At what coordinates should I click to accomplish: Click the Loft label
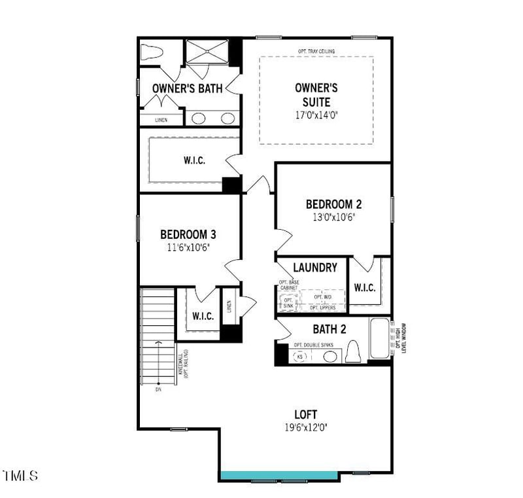[x=305, y=414]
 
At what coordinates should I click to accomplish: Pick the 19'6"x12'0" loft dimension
[x=305, y=427]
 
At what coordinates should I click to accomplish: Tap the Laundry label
[x=315, y=267]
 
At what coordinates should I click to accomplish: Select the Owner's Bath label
[x=187, y=88]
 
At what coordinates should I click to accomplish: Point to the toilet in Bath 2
[x=353, y=351]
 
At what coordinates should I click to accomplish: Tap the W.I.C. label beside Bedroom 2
[x=364, y=287]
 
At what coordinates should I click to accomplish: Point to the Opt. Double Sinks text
[x=314, y=344]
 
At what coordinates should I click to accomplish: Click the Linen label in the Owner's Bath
[x=161, y=120]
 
